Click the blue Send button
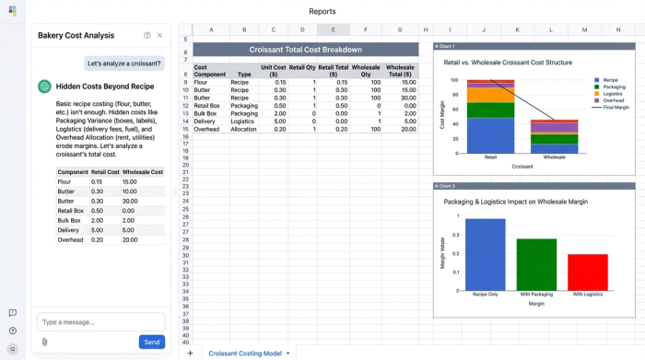point(151,342)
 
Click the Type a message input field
point(100,321)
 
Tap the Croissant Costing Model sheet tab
point(244,353)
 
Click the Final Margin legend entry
point(615,108)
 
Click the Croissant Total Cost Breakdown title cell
point(305,50)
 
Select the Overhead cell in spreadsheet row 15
point(208,128)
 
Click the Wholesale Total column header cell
point(400,71)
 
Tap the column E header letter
point(333,29)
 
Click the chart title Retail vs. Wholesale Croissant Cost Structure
point(509,62)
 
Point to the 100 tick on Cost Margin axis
point(454,80)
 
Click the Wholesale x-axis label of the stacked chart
point(554,157)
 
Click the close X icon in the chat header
point(159,35)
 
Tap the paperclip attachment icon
point(43,342)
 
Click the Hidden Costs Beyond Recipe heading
point(105,86)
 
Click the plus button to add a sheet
point(190,353)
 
